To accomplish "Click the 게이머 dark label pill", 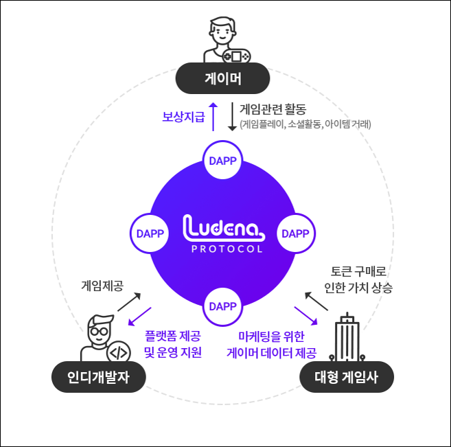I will click(223, 78).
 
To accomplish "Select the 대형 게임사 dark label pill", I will click(347, 377).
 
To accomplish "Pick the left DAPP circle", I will click(150, 233).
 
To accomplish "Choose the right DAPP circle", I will click(296, 233).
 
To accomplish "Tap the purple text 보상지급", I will click(183, 117).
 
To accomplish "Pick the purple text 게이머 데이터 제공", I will click(272, 354).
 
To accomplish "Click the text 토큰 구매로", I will click(358, 273).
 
